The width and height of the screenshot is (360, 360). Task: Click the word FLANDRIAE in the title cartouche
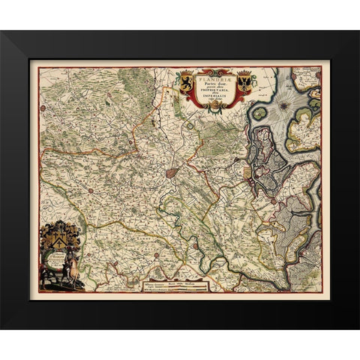click(x=213, y=75)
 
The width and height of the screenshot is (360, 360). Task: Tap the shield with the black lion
click(x=184, y=83)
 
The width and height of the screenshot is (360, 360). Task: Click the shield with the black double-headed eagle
click(x=244, y=83)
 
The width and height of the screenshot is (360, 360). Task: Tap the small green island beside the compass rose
click(x=260, y=113)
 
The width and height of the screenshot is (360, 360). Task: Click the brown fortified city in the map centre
click(x=172, y=172)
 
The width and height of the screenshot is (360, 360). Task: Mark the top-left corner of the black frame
click(x=2, y=31)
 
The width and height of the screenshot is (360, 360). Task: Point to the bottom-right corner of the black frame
click(x=358, y=328)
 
